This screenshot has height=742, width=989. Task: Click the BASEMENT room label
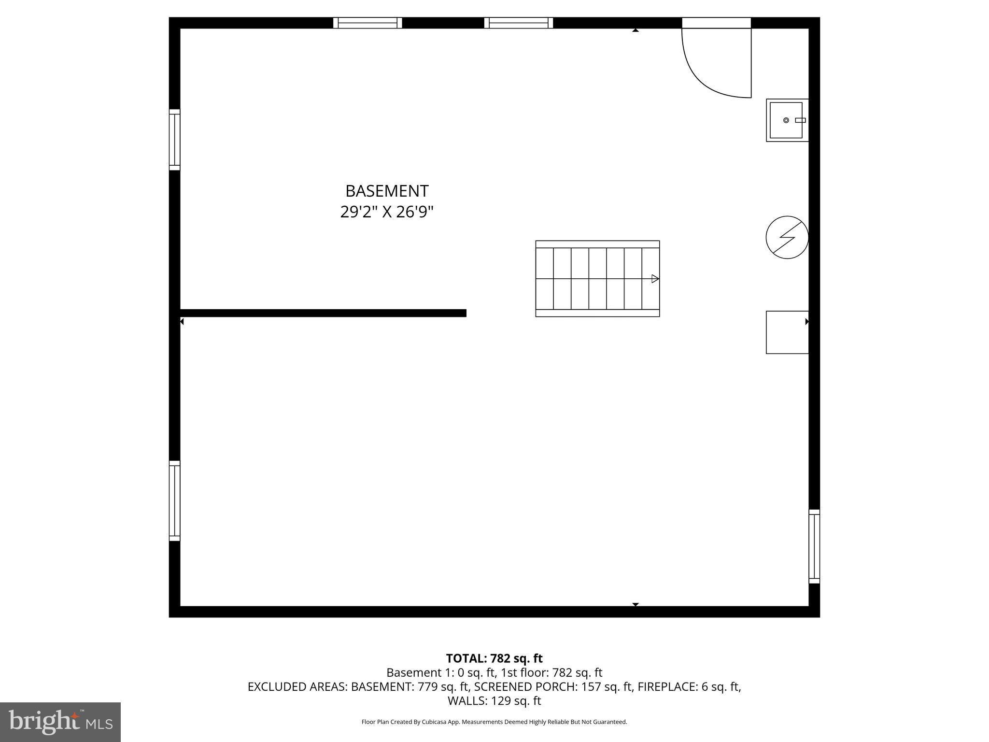tap(387, 191)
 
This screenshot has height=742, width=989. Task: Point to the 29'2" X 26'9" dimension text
tap(387, 212)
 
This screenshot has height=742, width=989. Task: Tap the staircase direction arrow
tap(655, 279)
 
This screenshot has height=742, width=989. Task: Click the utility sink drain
tap(786, 120)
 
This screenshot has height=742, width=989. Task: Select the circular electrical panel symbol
tap(787, 237)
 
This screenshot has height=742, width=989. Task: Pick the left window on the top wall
tap(367, 23)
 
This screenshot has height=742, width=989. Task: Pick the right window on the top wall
tap(519, 23)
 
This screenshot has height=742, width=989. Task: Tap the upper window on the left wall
tap(174, 140)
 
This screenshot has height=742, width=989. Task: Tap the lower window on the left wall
tap(174, 500)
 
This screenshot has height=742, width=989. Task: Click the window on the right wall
tap(814, 546)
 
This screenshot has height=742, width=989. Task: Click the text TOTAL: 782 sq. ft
tap(494, 658)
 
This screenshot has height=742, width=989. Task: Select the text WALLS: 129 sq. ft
tap(494, 700)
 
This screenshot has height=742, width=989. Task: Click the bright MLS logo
tap(60, 722)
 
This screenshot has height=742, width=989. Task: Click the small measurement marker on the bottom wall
tap(636, 604)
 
